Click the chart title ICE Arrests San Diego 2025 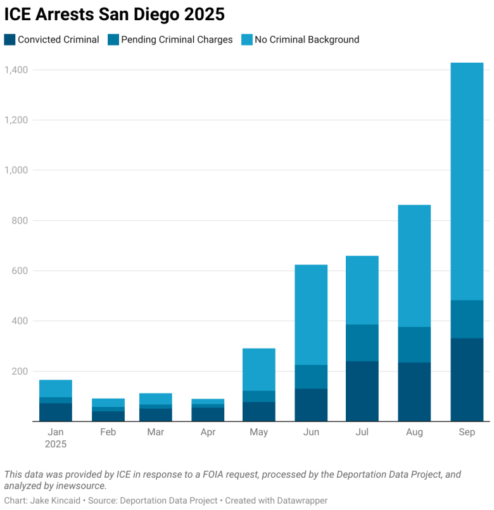115,14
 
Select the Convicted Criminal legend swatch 9,40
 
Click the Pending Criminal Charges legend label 177,40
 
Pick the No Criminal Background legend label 307,40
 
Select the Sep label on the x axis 467,432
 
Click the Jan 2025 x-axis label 55,438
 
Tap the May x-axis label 258,432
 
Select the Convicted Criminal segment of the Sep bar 467,380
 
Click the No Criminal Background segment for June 311,315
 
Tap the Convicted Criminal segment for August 414,392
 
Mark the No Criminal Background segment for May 258,370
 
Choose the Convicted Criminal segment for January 56,412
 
